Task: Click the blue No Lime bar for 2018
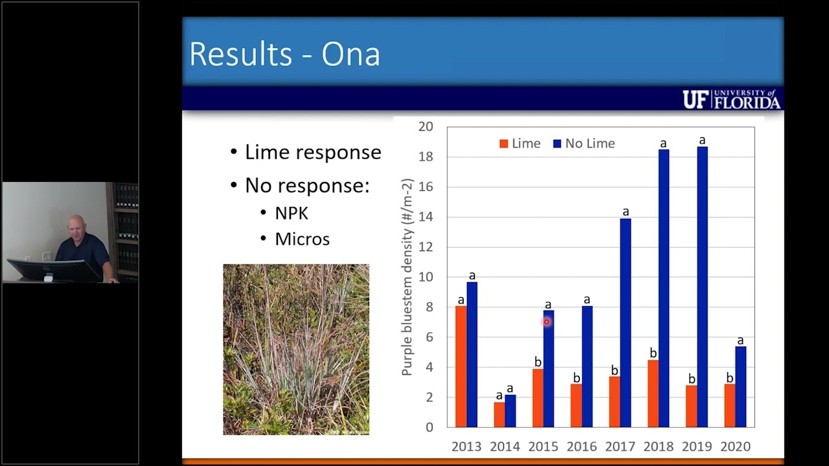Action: pyautogui.click(x=664, y=289)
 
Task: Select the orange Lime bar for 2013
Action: pyautogui.click(x=461, y=366)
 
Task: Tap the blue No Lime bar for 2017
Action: pyautogui.click(x=626, y=323)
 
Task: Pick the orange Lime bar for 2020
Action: pyautogui.click(x=730, y=406)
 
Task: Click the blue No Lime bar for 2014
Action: pyautogui.click(x=510, y=411)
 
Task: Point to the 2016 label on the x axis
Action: pyautogui.click(x=582, y=447)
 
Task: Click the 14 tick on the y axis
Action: pyautogui.click(x=426, y=217)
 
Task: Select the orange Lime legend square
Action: pyautogui.click(x=504, y=144)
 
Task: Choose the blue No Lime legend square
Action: pyautogui.click(x=557, y=144)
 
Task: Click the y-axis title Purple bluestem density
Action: pyautogui.click(x=407, y=277)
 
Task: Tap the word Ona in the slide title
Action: pyautogui.click(x=350, y=54)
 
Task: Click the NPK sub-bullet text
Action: pyautogui.click(x=291, y=214)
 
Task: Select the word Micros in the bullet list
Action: pyautogui.click(x=302, y=239)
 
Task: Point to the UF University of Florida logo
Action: pyautogui.click(x=732, y=99)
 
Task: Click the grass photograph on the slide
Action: pyautogui.click(x=296, y=349)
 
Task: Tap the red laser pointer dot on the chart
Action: pyautogui.click(x=546, y=322)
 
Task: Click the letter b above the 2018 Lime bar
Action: pyautogui.click(x=653, y=353)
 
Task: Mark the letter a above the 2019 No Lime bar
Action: pyautogui.click(x=702, y=140)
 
